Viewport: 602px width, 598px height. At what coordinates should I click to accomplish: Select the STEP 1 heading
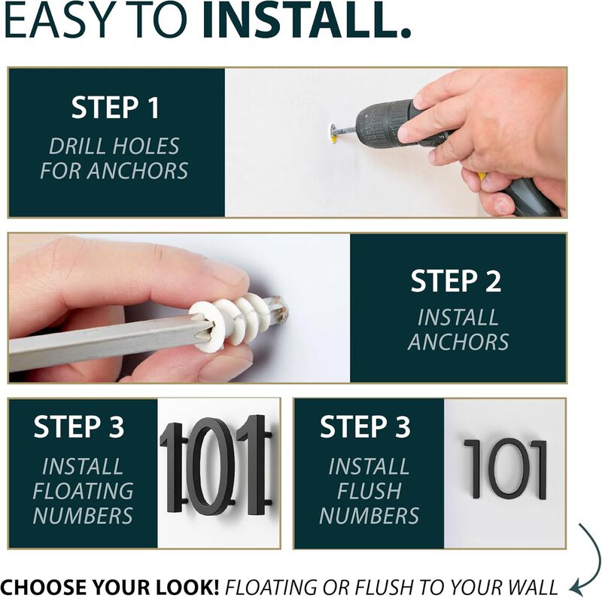tap(115, 108)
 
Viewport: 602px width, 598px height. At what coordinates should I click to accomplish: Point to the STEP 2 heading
tap(456, 281)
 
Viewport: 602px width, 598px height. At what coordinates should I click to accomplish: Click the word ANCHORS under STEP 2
tap(458, 342)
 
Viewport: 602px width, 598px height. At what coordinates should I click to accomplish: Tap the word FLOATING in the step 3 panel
tap(83, 491)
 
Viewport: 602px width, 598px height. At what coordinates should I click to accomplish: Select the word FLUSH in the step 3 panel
tap(369, 491)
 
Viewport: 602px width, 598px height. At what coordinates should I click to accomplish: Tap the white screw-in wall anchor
tap(237, 319)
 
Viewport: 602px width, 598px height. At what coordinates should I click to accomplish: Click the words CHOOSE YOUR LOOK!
tap(110, 587)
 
